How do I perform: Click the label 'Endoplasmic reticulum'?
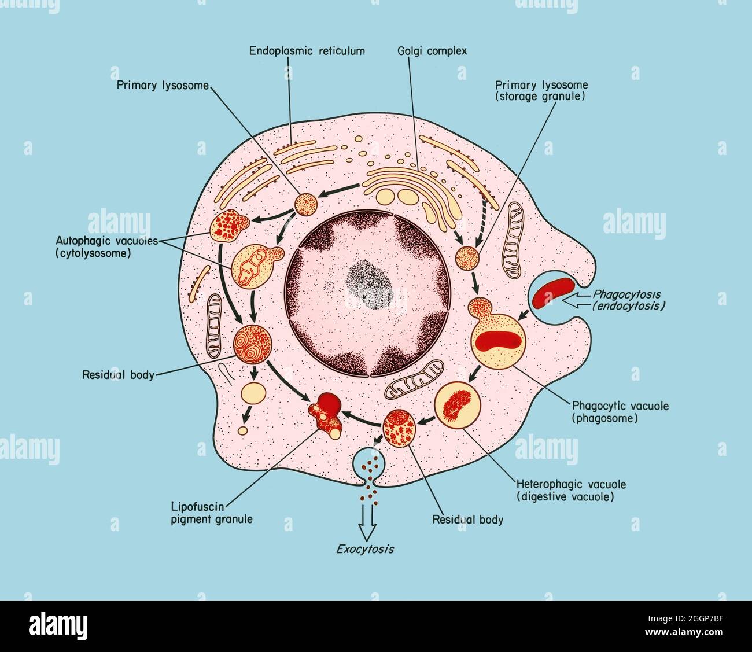(307, 51)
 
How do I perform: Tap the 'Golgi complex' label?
(433, 51)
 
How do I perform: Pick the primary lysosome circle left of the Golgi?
(307, 204)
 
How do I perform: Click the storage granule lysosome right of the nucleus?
(467, 258)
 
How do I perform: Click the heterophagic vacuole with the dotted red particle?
(457, 404)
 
